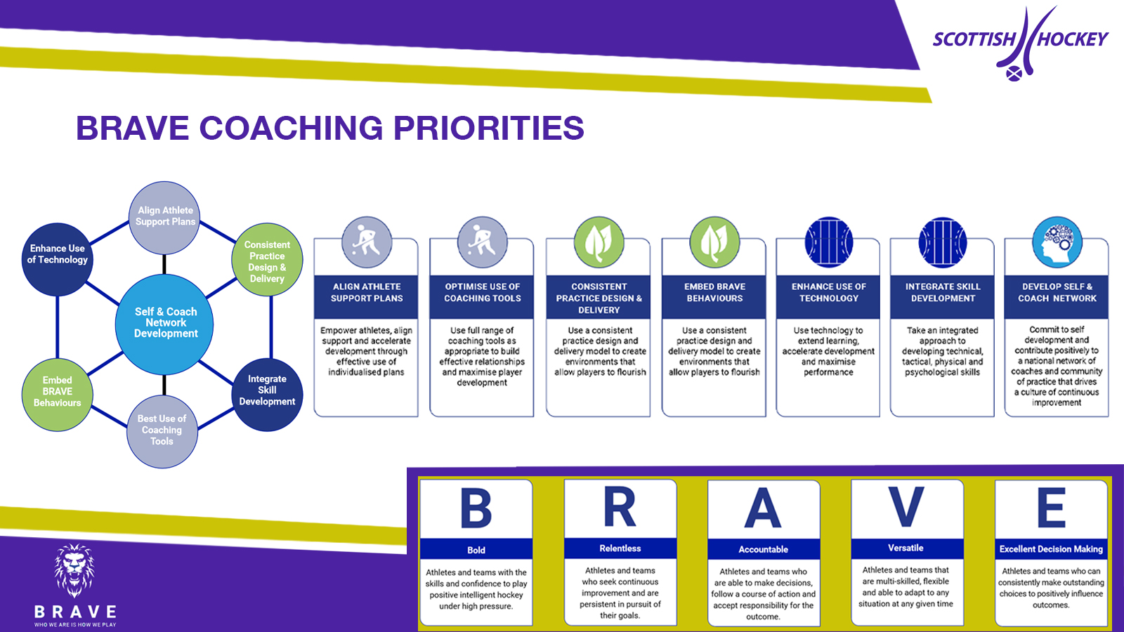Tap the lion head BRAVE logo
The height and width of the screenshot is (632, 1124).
(x=74, y=570)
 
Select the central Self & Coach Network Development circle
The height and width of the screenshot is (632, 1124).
(x=165, y=323)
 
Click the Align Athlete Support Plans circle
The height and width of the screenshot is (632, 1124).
(x=165, y=216)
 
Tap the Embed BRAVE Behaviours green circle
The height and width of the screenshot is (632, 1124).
(x=58, y=392)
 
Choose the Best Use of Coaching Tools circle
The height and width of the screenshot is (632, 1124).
(x=162, y=430)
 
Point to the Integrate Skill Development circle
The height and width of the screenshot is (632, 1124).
(x=267, y=390)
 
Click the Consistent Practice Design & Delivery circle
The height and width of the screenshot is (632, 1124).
(x=267, y=261)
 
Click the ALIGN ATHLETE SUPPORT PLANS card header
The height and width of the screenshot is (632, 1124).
(x=367, y=293)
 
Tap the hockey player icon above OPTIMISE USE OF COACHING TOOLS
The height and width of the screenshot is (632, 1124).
(x=482, y=242)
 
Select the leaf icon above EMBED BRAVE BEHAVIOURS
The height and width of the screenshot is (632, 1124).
(x=714, y=242)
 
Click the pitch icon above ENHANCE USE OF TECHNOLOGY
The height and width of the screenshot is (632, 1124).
(x=829, y=242)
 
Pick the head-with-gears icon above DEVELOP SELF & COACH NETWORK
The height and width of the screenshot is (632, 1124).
(x=1057, y=242)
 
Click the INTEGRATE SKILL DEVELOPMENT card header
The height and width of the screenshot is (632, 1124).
(x=943, y=293)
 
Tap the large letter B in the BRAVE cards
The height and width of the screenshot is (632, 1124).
(x=476, y=508)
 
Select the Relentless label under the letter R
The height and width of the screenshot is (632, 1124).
(x=620, y=548)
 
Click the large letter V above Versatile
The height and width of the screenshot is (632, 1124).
(x=906, y=507)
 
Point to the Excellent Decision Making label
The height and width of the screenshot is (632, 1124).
(x=1051, y=549)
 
